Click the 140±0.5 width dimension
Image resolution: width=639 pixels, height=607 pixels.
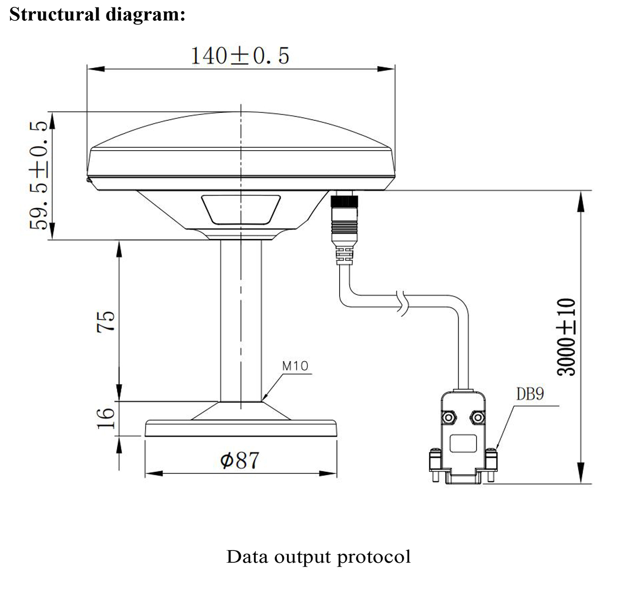coord(240,55)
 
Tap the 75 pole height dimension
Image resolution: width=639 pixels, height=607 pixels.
coord(107,321)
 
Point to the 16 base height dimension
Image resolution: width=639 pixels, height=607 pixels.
coord(107,418)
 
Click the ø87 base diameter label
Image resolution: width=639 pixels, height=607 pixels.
coord(240,460)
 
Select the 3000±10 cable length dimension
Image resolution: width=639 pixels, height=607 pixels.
coord(567,337)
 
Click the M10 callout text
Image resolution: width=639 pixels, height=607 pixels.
coord(294,366)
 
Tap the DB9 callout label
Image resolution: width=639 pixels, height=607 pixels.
coord(529,394)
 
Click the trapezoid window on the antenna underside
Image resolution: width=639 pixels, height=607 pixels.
coord(241,209)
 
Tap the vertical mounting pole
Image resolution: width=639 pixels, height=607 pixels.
coord(241,319)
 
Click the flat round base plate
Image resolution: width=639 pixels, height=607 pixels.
coord(241,429)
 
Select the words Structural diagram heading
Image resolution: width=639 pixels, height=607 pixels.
coord(97,14)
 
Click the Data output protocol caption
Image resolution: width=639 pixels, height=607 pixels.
coord(318,557)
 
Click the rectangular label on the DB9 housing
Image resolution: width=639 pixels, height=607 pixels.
coord(462,443)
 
